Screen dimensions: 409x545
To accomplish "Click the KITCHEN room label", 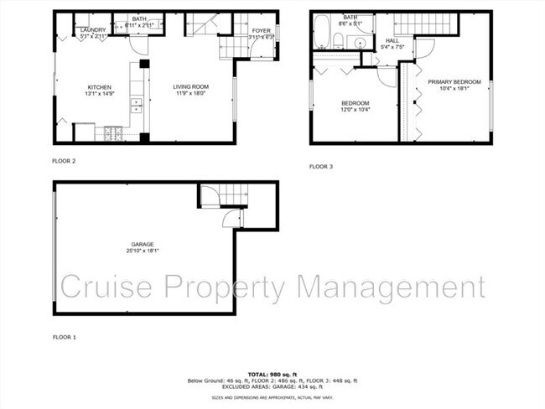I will coord(100,86).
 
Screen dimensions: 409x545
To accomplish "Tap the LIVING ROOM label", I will coord(191,86).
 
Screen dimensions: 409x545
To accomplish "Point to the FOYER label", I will coord(262,30).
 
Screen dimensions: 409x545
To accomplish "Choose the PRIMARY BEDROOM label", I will coord(454,81).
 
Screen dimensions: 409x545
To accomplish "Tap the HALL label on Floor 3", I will coord(392,40).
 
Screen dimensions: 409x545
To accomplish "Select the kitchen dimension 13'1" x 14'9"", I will coord(100,93).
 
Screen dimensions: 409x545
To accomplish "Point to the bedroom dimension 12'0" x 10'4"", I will coord(355,110).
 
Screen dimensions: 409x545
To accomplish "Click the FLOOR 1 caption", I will coord(64,337).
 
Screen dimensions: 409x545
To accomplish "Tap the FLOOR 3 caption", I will coord(321,167).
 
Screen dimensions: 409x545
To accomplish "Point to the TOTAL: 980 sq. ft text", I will coord(272,374).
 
